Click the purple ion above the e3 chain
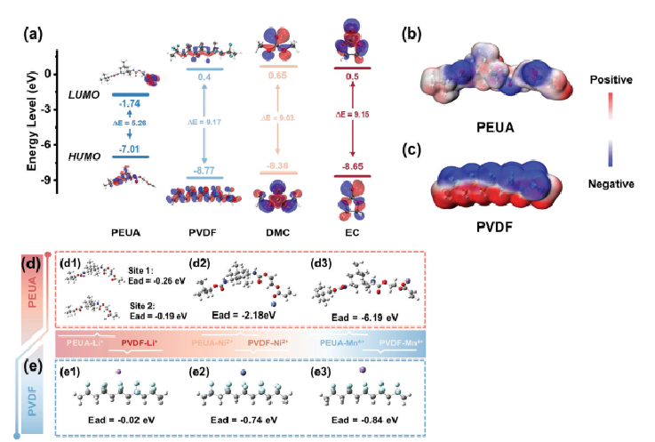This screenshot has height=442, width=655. (361, 368)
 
